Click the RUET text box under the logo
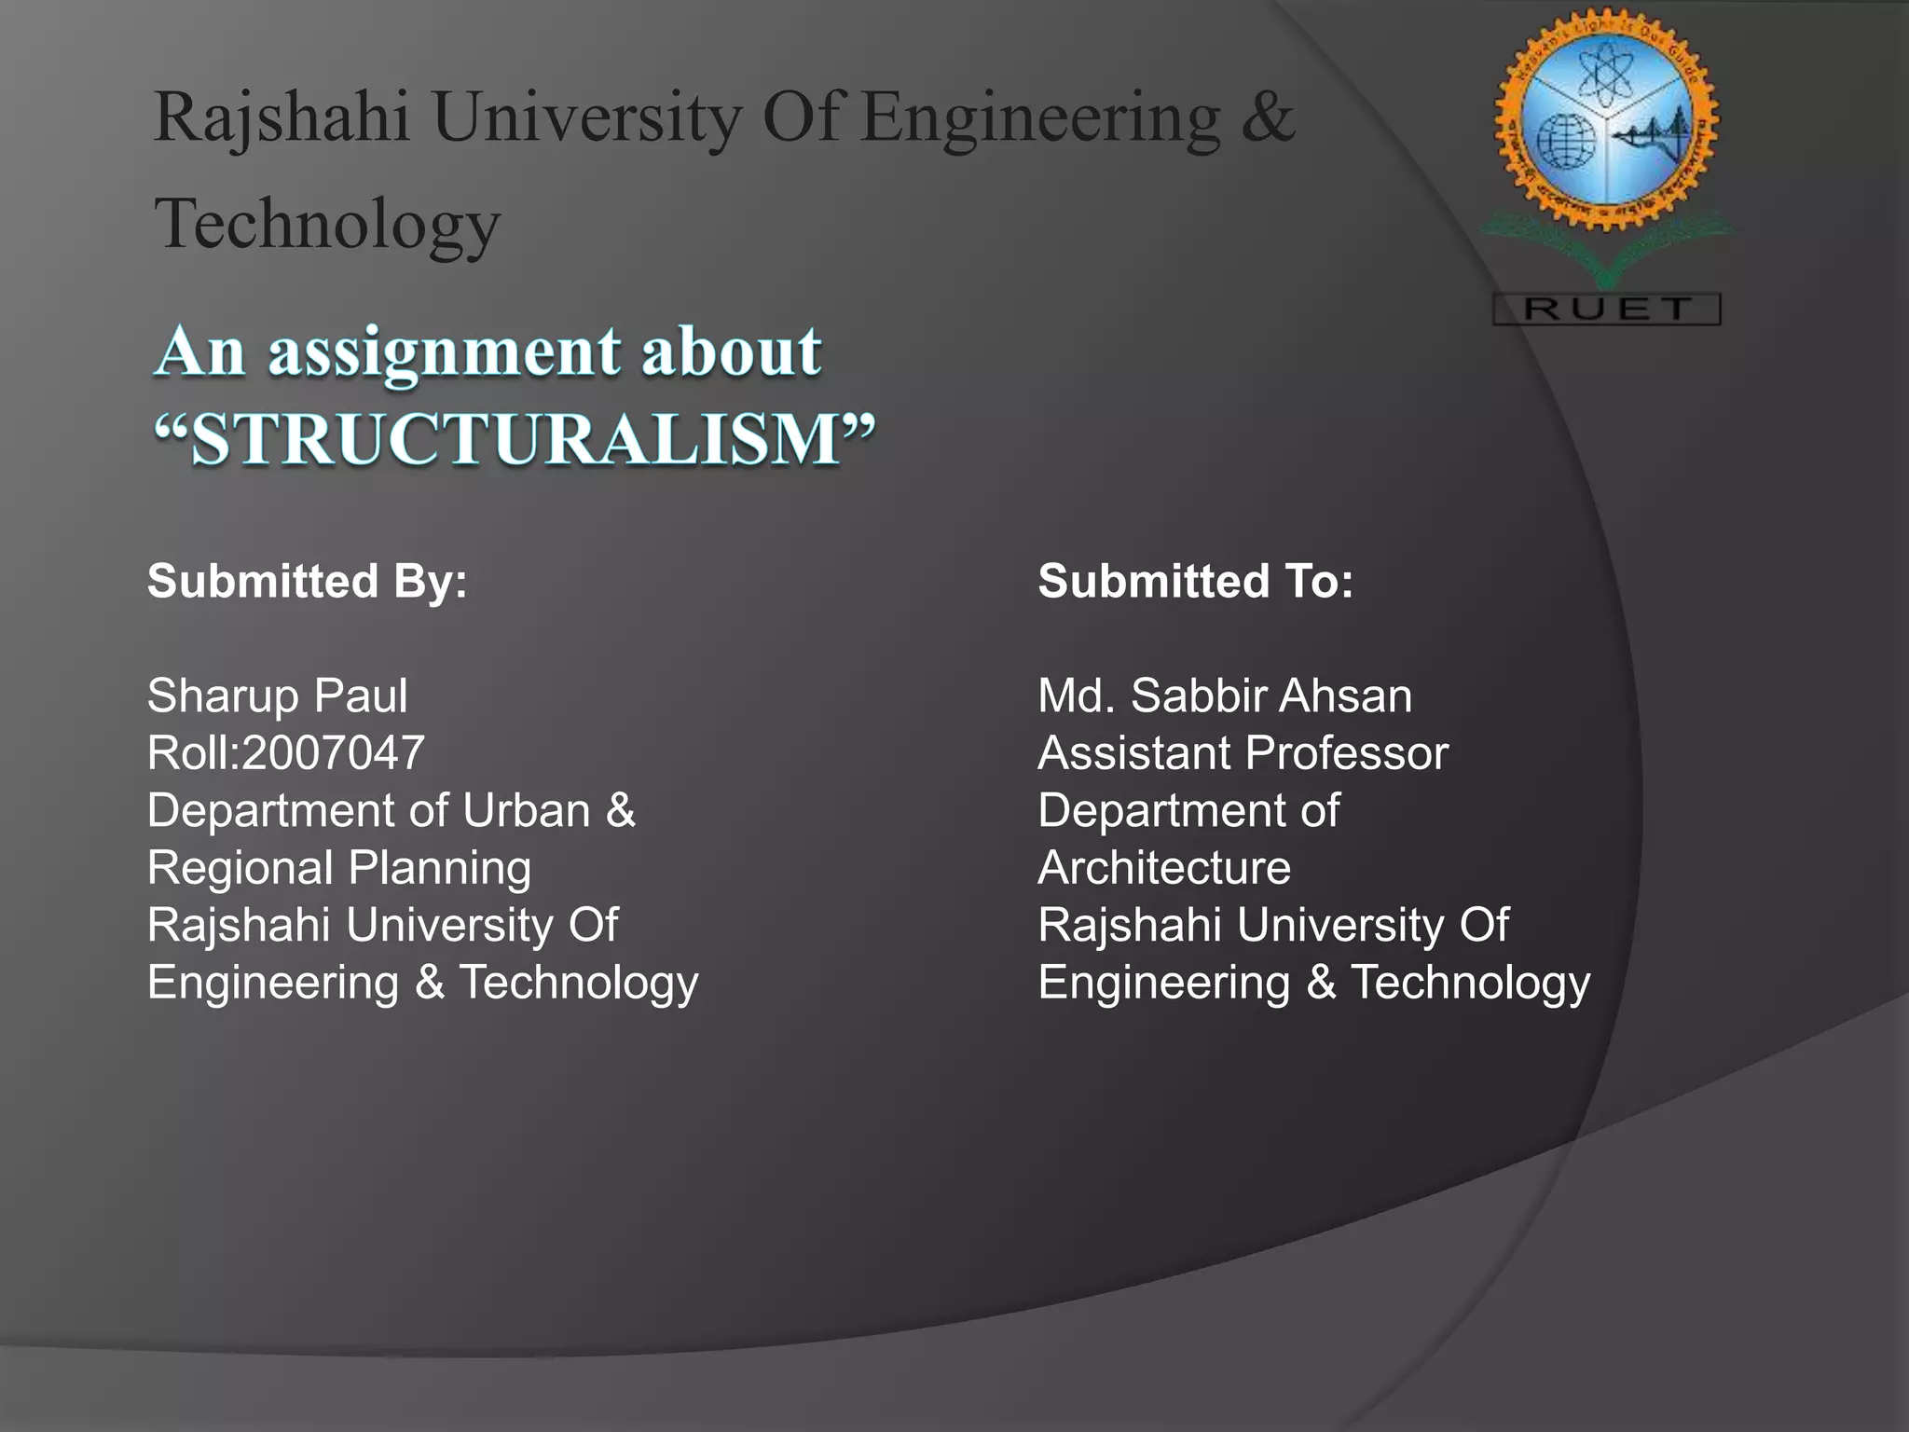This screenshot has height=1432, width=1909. (1606, 309)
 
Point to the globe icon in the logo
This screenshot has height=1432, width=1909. (1565, 142)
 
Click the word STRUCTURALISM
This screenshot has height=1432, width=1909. (515, 439)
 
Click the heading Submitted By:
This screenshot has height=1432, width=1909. (307, 581)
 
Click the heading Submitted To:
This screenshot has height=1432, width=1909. (1195, 581)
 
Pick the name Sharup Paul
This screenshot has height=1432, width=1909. (277, 695)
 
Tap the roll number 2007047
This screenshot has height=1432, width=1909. (333, 753)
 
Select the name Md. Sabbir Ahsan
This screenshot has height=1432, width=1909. (1224, 695)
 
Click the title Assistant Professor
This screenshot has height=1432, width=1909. (1243, 753)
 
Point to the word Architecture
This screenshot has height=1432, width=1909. (1164, 868)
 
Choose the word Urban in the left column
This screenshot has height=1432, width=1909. (526, 810)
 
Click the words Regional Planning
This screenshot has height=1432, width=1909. (339, 868)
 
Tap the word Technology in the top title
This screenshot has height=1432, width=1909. (327, 224)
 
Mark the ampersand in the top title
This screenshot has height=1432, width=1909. (1268, 117)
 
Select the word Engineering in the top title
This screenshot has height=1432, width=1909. (1039, 119)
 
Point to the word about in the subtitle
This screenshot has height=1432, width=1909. (732, 352)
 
